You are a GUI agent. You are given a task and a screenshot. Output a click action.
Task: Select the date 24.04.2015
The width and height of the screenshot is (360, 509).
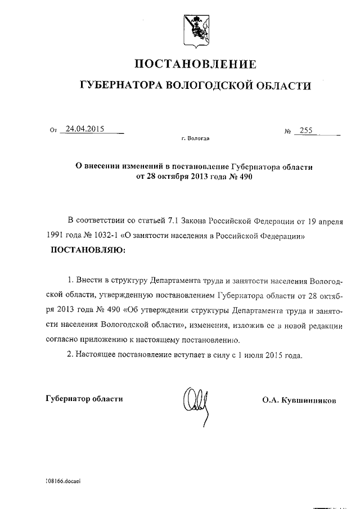(85, 129)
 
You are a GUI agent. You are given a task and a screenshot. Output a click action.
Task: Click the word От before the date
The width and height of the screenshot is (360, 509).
(53, 131)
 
